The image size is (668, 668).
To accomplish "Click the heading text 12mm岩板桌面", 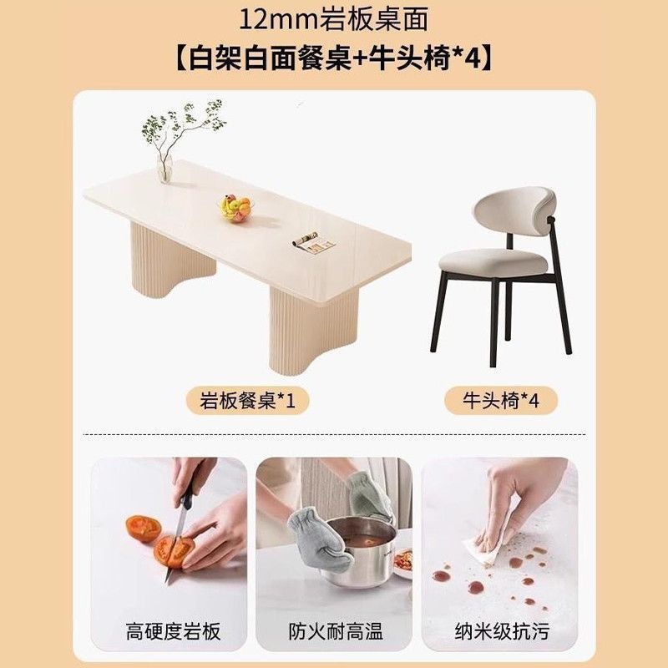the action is tap(333, 19).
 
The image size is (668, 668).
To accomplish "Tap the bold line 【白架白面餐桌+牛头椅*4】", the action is tap(333, 58).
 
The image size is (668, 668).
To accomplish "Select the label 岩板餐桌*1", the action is tap(247, 401).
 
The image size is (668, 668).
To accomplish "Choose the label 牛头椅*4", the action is tap(501, 401).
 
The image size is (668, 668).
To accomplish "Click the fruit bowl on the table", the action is tap(236, 208).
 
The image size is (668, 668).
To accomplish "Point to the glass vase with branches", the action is tap(164, 169).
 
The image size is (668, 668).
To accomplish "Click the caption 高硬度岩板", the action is tap(173, 631).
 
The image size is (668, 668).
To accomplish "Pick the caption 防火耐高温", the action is tap(336, 631).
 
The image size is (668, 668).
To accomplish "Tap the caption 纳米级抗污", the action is tap(502, 631).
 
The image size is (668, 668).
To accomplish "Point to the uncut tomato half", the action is tap(143, 529).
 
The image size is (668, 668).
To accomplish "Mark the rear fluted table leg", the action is tap(172, 260).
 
